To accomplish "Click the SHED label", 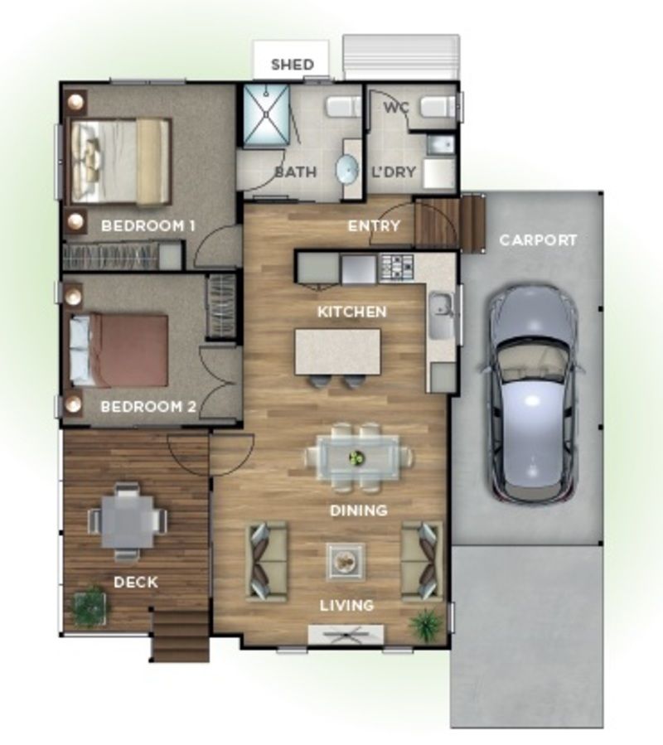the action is [x=293, y=64].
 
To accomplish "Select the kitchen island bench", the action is [x=337, y=352].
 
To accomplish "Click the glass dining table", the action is [x=359, y=458].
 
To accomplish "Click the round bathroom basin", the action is [x=347, y=169].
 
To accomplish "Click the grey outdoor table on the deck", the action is [x=128, y=521].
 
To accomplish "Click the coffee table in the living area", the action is [x=346, y=562].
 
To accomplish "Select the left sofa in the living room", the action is [x=266, y=561].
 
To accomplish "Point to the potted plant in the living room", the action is [x=428, y=624].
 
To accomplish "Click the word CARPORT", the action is [x=538, y=240].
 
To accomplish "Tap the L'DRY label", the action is [x=394, y=172].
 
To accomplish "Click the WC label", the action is [x=396, y=108].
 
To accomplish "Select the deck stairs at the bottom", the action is [x=180, y=636].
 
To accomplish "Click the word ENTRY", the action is [x=374, y=225].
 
